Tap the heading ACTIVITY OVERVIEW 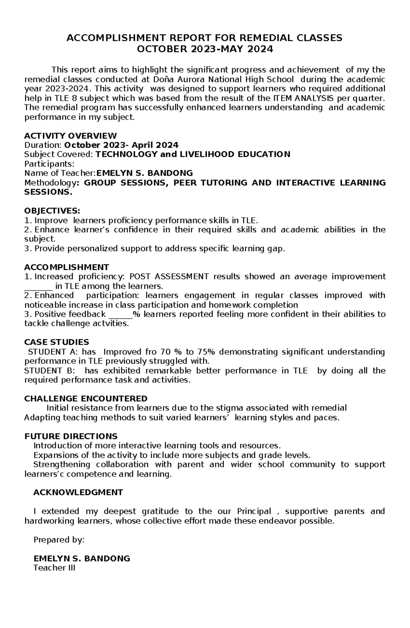[71, 136]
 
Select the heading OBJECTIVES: [52, 210]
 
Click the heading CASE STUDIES [57, 342]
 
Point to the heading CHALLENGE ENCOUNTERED [86, 399]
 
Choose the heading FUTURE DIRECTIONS [71, 436]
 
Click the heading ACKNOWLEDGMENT [78, 492]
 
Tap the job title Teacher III [54, 568]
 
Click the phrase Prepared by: [59, 540]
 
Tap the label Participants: [49, 164]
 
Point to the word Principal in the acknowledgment [254, 512]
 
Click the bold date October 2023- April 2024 [121, 145]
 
